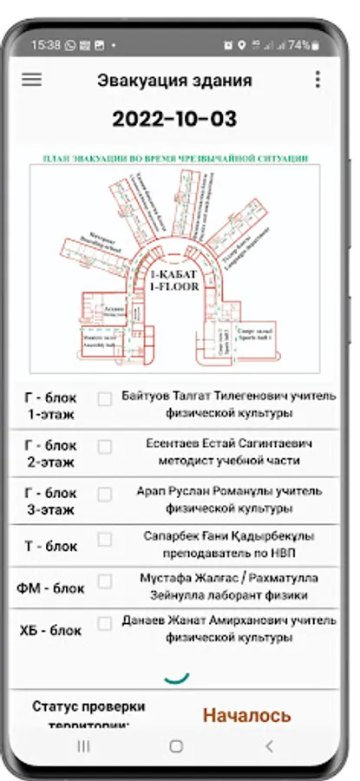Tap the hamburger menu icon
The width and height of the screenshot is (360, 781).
tap(31, 79)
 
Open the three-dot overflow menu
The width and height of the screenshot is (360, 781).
tap(317, 79)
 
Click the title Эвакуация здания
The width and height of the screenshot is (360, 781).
tap(174, 81)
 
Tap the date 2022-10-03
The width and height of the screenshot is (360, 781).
tap(174, 120)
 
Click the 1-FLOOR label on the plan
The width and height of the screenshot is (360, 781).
tap(174, 285)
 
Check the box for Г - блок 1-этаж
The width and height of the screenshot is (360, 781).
tap(105, 399)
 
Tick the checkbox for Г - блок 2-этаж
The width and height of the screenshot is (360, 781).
tap(105, 447)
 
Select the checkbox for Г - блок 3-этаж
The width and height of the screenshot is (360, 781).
tap(105, 495)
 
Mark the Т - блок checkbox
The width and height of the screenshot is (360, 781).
tap(105, 539)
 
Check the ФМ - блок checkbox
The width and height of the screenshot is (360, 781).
tap(105, 581)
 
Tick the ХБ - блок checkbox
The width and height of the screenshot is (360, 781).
tap(105, 623)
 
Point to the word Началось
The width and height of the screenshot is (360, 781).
tap(247, 715)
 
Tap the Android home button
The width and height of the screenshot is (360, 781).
tap(176, 746)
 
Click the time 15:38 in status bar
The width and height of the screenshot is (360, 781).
tap(46, 43)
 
